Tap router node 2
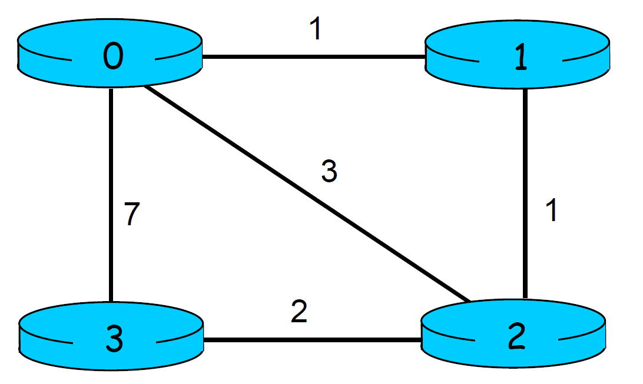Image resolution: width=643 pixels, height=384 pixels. coord(513,336)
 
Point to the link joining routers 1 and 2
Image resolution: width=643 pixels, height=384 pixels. coord(525,194)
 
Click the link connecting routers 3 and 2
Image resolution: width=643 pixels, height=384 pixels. coord(312,339)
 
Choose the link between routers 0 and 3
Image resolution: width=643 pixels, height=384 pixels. coord(111,194)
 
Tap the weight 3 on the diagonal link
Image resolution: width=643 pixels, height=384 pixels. coord(329,171)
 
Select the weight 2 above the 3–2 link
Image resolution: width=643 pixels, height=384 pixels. coord(299,312)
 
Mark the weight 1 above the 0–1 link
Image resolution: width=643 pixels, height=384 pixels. coord(316,30)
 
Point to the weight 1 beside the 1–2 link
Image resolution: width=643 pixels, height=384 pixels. coord(551,210)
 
